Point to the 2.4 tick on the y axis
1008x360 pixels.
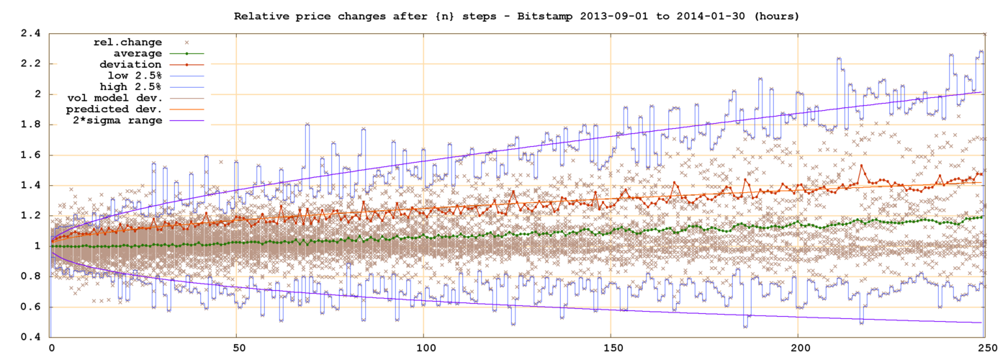click(30, 33)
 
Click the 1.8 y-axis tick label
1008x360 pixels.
click(30, 125)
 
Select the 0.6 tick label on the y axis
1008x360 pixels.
click(30, 307)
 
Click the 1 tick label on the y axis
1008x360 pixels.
click(37, 246)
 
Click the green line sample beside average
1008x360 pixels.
click(186, 53)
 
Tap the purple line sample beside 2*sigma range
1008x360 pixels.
click(186, 120)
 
